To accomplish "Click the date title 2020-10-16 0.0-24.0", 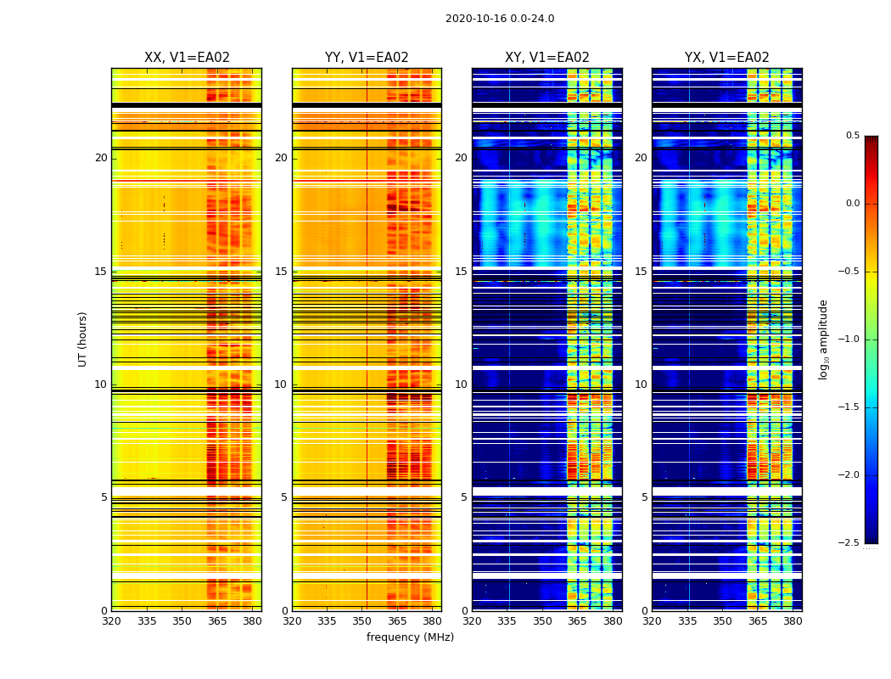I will point(500,19).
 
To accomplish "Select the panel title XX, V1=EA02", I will point(187,58).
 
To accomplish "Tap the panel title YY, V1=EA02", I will point(367,58).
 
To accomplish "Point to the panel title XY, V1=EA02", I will point(546,58).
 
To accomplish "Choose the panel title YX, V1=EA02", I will point(726,58).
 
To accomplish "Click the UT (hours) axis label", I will point(82,339).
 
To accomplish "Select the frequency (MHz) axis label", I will point(410,637).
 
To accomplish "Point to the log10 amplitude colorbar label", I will point(823,339).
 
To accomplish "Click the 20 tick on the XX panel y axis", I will point(101,158).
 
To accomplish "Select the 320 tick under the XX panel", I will point(111,621).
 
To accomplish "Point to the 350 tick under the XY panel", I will point(542,621).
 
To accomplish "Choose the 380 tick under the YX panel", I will point(793,621).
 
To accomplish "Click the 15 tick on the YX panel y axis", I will point(641,272).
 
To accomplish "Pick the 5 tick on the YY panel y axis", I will point(283,497).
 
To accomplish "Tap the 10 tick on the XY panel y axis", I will point(461,384).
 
